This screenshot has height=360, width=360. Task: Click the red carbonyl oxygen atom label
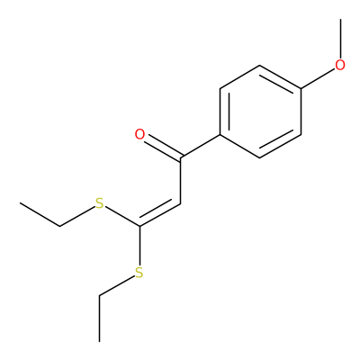(x=139, y=134)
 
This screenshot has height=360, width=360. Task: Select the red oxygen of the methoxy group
(x=340, y=65)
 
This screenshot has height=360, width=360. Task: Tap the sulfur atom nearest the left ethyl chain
(x=99, y=203)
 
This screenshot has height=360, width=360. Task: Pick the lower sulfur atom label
(x=139, y=273)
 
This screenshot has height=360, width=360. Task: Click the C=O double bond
(x=162, y=148)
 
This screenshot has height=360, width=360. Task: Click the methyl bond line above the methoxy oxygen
(x=340, y=39)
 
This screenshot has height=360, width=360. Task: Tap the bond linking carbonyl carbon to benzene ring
(x=200, y=146)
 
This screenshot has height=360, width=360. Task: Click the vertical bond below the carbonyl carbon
(x=180, y=181)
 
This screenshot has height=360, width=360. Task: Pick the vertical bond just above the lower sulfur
(x=139, y=246)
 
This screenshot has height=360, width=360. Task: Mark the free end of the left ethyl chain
(x=20, y=203)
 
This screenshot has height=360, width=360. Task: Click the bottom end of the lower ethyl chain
(x=99, y=341)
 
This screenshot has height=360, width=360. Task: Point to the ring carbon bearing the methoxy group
(x=301, y=88)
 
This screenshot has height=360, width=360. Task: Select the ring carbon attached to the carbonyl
(x=220, y=134)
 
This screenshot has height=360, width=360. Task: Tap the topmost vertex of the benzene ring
(x=260, y=66)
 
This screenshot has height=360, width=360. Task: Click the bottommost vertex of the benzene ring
(x=260, y=157)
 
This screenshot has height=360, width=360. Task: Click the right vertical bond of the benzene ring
(x=301, y=112)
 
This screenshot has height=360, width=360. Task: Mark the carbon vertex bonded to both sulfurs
(x=139, y=226)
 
